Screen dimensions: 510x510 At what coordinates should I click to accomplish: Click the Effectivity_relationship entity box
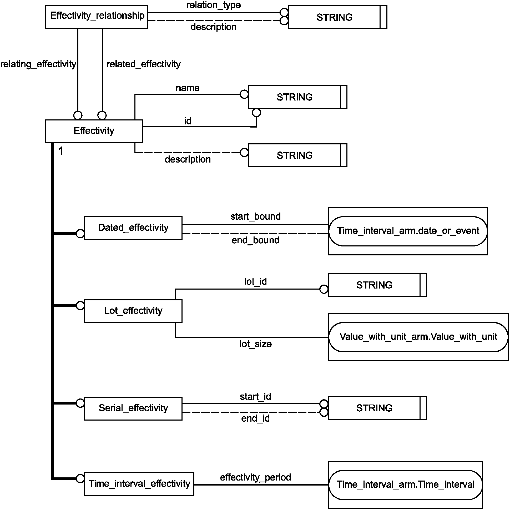[x=96, y=17]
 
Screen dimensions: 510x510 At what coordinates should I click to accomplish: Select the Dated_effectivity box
[x=133, y=228]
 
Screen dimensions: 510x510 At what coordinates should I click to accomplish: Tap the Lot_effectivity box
[x=133, y=311]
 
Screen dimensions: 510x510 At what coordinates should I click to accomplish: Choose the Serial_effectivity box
[x=133, y=408]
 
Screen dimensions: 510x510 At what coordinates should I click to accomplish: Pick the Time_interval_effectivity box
[x=139, y=484]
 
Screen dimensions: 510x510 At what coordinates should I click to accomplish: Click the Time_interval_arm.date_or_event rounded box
[x=408, y=231]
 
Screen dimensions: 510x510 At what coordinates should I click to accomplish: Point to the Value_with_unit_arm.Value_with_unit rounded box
[x=418, y=337]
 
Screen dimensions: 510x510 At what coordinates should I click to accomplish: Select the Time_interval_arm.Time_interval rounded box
[x=406, y=485]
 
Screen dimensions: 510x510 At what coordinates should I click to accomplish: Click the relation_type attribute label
[x=214, y=5]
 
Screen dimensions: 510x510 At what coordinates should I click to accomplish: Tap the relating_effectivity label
[x=38, y=64]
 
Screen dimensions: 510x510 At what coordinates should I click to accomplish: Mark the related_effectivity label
[x=143, y=64]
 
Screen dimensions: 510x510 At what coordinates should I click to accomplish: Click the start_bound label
[x=255, y=216]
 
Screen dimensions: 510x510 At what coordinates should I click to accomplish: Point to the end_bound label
[x=255, y=240]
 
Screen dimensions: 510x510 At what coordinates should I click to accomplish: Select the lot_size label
[x=255, y=344]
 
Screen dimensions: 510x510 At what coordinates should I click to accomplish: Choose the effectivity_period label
[x=255, y=477]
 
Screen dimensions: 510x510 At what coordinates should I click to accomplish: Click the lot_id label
[x=255, y=282]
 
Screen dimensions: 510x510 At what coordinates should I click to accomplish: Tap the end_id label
[x=255, y=418]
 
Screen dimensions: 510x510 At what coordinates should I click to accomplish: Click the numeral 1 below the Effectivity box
[x=61, y=151]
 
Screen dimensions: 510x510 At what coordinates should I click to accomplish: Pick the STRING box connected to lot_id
[x=377, y=285]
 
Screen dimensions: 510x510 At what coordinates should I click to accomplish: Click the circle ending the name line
[x=244, y=94]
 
